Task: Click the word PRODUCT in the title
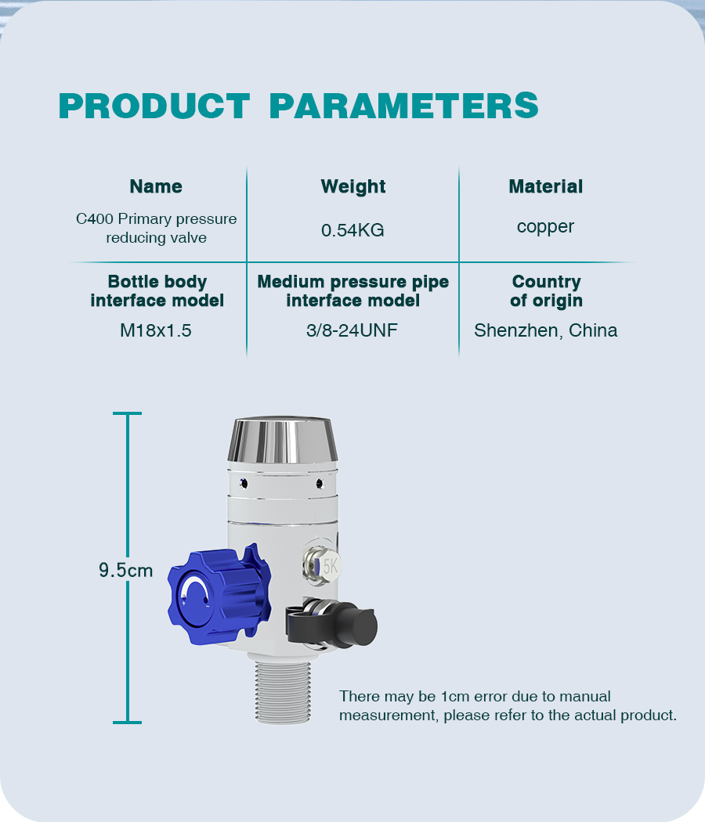point(154,106)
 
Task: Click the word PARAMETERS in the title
point(403,106)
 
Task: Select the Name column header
point(156,186)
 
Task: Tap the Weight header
point(353,187)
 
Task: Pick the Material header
point(545,186)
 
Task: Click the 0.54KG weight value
point(352,230)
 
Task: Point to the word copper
point(545,227)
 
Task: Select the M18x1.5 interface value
point(156,331)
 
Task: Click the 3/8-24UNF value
point(352,331)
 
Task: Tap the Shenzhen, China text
point(545,331)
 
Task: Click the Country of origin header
point(546,291)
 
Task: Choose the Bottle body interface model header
point(157,291)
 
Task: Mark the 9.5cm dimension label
point(126,571)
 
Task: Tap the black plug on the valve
point(331,624)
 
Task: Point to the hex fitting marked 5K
point(322,566)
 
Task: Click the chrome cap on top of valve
point(282,440)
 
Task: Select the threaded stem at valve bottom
point(283,692)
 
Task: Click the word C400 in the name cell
point(95,219)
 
